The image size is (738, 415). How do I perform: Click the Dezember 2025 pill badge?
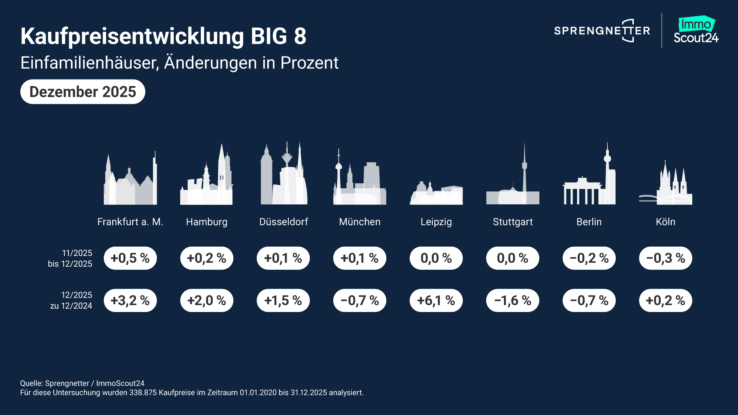83,92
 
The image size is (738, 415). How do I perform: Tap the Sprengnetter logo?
602,31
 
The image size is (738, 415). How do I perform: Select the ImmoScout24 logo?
696,30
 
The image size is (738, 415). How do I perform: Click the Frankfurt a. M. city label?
130,222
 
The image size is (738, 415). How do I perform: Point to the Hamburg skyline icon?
207,177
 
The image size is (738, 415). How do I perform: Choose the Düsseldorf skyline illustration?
284,175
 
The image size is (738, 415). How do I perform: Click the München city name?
360,222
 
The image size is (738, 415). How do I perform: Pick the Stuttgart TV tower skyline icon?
513,177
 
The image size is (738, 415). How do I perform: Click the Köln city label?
665,222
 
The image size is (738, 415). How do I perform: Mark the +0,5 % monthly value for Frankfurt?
130,258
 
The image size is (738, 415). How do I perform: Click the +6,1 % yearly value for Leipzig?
436,300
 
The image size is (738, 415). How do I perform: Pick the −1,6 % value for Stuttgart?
513,300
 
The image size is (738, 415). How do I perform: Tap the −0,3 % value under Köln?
665,258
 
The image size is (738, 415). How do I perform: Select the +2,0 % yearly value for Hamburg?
207,300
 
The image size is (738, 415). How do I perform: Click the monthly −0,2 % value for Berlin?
589,258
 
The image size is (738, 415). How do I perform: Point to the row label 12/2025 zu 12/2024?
71,300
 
